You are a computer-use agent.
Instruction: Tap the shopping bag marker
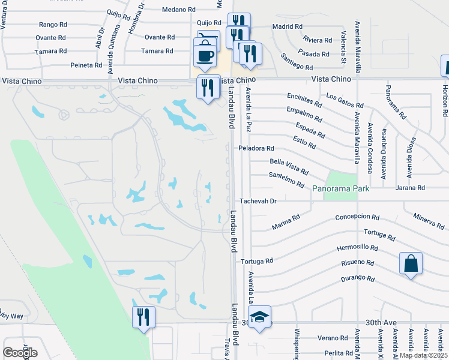coord(411,263)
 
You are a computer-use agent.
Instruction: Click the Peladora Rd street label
coord(256,148)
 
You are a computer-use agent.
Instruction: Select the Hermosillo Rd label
coord(358,247)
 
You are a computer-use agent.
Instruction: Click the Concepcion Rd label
coord(358,217)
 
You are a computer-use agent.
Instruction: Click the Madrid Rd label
coord(287,26)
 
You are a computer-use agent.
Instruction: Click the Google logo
coord(20,353)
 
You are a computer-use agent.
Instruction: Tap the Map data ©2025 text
coord(423,355)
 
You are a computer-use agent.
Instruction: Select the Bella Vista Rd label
coord(289,166)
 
